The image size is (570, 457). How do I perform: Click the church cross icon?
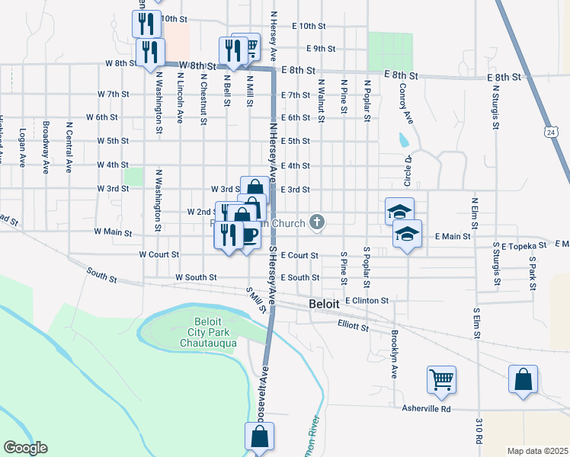[x=318, y=223]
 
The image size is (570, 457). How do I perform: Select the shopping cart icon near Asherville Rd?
[x=442, y=379]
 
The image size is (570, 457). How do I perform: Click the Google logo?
[x=25, y=448]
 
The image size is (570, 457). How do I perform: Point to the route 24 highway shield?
[x=551, y=132]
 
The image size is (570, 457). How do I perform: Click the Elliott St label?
[x=353, y=327]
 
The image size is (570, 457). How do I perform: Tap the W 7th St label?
[x=113, y=94]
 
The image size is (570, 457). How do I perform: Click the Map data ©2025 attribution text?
[x=536, y=451]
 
